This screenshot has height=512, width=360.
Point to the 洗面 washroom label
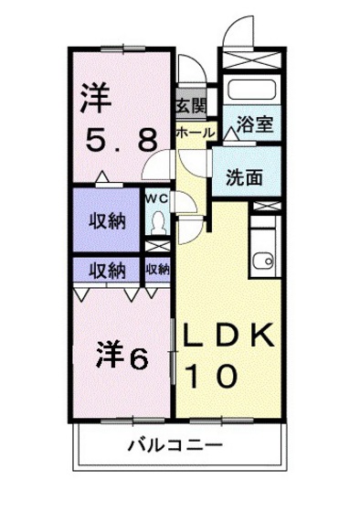pos(245,176)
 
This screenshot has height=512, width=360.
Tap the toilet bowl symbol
pos(157,220)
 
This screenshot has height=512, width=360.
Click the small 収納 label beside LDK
pos(157,269)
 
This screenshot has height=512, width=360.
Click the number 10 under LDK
pos(214,375)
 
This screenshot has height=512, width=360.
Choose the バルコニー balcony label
pos(175,447)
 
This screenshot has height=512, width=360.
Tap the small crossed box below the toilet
pos(157,247)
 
